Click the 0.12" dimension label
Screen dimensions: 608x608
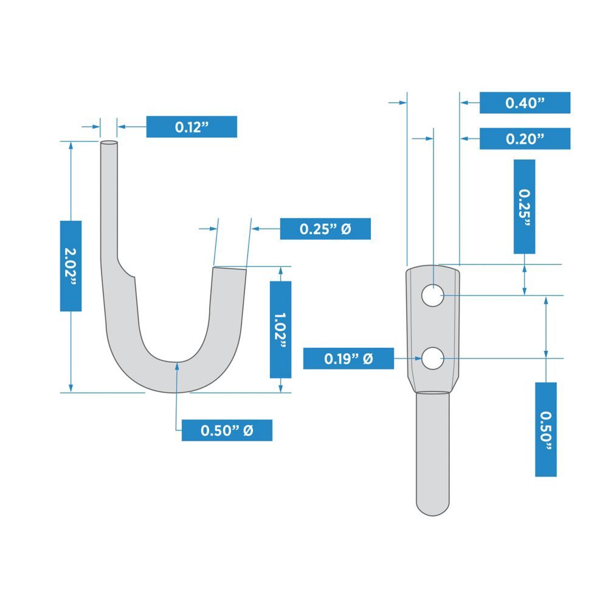[x=192, y=126]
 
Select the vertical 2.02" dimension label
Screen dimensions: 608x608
[x=71, y=266]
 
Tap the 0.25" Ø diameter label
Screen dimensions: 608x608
[x=325, y=229]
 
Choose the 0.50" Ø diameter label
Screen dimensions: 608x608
[x=227, y=430]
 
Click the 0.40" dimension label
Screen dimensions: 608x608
[x=525, y=103]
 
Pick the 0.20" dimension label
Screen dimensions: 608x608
[x=525, y=139]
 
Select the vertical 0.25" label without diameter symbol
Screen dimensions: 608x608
[x=524, y=206]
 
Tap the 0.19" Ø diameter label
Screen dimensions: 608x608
[x=348, y=359]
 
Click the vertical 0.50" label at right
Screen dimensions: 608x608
[x=545, y=429]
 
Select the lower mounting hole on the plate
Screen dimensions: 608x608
[x=432, y=359]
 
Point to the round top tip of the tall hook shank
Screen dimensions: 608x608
[x=109, y=143]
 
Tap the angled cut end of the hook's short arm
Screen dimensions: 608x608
[x=230, y=267]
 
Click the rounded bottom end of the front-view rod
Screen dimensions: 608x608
[x=432, y=511]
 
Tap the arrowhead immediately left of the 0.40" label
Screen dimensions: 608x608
[x=466, y=103]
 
